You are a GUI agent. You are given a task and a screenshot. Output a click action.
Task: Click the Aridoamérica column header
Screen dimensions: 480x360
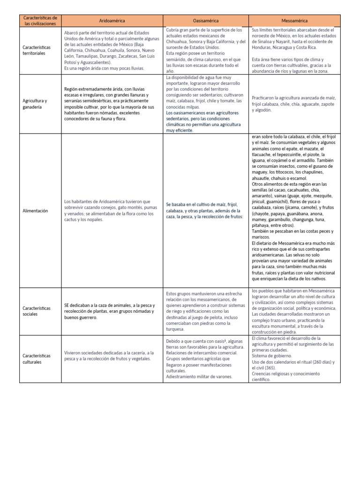point(112,21)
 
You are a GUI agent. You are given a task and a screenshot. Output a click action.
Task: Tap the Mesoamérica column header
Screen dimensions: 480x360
point(294,21)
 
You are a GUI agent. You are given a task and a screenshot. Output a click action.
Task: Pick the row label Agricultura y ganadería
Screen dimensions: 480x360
point(35,104)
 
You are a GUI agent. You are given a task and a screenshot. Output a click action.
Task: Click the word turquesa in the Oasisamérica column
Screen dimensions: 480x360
point(177,329)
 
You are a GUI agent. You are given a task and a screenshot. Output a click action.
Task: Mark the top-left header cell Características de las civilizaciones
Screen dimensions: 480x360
point(40,21)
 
